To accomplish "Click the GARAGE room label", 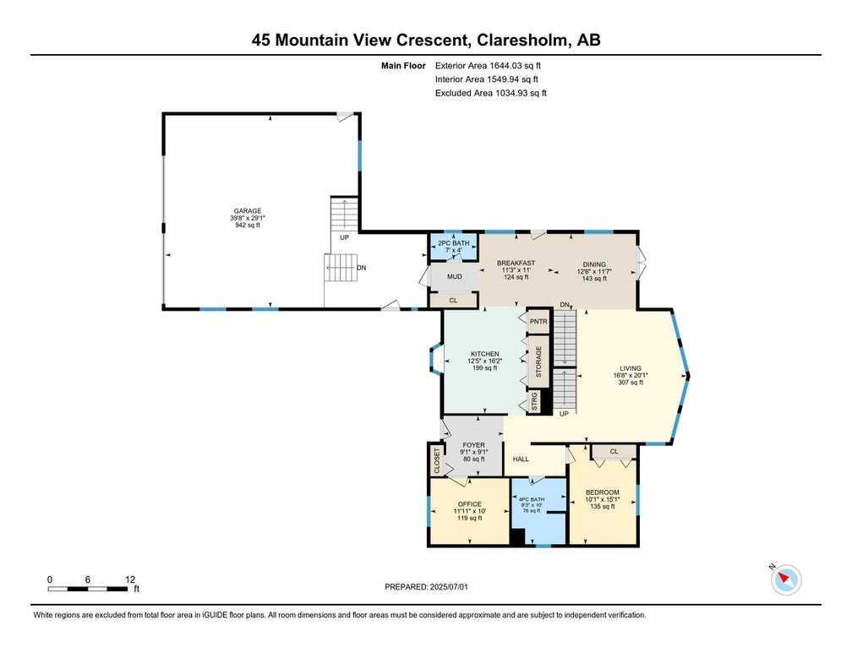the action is [247, 210].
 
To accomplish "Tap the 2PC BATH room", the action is [454, 247].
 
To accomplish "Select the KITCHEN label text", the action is [484, 354].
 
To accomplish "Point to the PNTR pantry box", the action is [538, 321].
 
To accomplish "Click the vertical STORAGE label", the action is [538, 362].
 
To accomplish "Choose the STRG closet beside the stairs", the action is [534, 402].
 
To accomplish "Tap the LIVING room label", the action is [631, 368].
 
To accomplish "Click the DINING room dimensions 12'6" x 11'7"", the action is [594, 271].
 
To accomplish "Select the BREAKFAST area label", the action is [516, 263].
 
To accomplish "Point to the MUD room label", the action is [454, 277].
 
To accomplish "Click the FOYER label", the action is [474, 445].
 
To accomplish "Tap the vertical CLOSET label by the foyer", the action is [436, 460].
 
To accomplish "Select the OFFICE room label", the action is [469, 504].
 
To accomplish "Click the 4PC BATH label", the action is [532, 499].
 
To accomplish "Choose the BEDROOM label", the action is [602, 492].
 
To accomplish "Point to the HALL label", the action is [521, 459].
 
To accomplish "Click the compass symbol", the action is [786, 579].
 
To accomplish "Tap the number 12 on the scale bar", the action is [130, 579].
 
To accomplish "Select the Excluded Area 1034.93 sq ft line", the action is [490, 93].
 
